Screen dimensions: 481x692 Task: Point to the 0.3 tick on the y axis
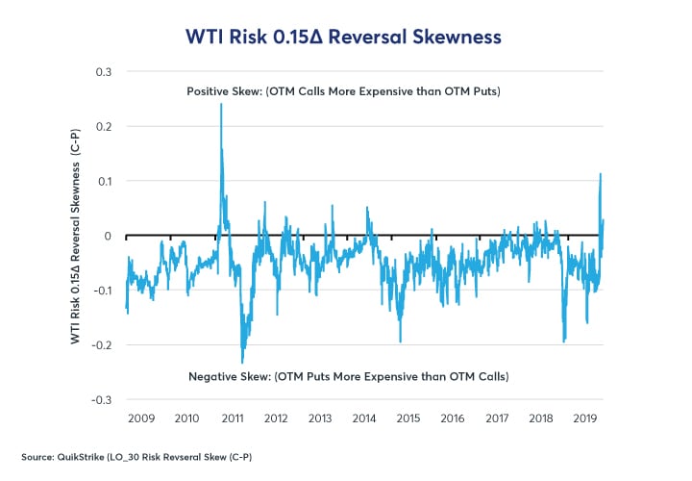coord(103,72)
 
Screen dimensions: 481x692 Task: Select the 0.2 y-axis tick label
coord(103,127)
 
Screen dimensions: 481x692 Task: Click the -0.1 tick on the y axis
coord(101,291)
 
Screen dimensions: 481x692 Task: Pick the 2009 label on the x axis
coord(142,419)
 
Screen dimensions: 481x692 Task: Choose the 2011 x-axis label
coord(232,419)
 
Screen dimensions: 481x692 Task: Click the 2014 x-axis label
coord(363,419)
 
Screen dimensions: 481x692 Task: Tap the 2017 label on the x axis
coord(496,419)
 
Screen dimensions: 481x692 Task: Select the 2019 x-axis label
coord(584,419)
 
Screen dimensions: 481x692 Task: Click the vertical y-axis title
coord(75,236)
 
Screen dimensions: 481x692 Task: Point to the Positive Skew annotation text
coord(347,91)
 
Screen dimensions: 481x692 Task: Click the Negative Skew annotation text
coord(347,375)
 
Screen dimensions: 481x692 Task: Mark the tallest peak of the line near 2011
coord(221,105)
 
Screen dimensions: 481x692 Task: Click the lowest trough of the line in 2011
coord(242,362)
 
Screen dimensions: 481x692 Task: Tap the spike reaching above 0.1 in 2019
coord(601,174)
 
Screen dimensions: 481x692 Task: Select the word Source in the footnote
coord(35,454)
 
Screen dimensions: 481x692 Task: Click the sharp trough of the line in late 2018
coord(563,341)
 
